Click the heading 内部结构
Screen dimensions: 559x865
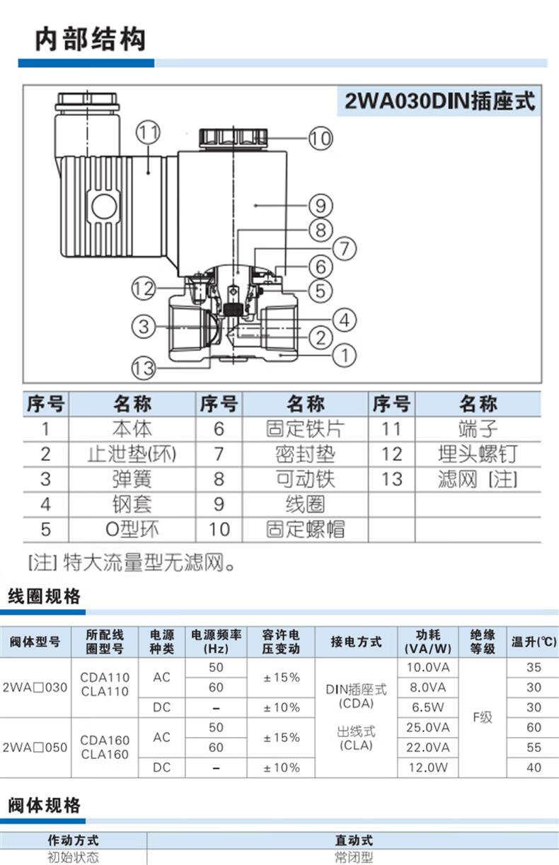coord(90,39)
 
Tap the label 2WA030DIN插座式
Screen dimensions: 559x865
coord(440,101)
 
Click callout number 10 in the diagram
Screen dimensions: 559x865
coord(320,138)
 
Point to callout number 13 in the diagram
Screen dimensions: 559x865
coord(144,367)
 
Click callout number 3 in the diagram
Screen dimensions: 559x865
coord(144,327)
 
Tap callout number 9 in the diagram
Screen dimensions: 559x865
coord(320,205)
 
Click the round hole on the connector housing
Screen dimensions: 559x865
coord(103,207)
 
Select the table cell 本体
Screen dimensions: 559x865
coord(132,429)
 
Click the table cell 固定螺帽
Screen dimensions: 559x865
coord(305,529)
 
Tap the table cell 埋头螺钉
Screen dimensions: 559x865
coord(478,454)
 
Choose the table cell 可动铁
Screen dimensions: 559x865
coord(305,479)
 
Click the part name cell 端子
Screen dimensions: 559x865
coord(478,429)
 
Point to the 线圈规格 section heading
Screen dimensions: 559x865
coord(44,596)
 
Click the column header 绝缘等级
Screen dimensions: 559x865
coord(482,642)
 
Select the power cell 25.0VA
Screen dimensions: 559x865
coord(427,727)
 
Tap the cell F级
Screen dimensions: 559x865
coord(482,717)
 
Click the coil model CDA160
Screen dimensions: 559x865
coord(105,741)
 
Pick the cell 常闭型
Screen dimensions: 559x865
coord(353,858)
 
